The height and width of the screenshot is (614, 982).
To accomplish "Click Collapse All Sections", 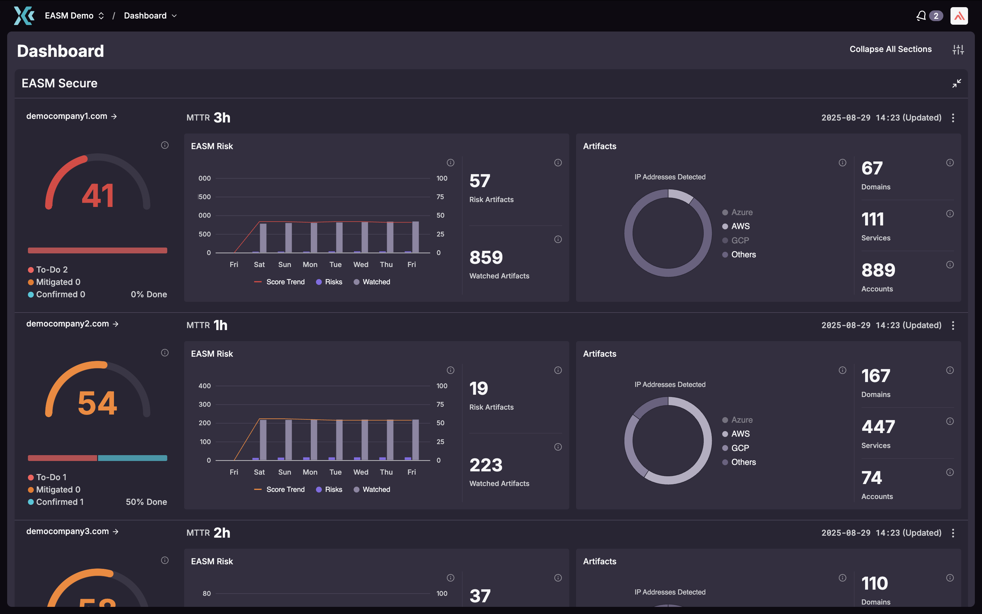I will click(890, 49).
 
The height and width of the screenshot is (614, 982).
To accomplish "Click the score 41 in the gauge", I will click(97, 196).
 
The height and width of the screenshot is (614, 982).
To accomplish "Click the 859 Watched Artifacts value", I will click(486, 257).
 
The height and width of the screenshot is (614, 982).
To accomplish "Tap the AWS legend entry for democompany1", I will click(740, 226).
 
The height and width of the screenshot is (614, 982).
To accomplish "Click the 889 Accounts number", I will click(878, 270).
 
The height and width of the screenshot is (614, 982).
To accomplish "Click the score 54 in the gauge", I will click(97, 403).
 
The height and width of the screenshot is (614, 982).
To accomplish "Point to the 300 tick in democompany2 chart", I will click(205, 404).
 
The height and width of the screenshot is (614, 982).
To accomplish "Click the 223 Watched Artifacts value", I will click(486, 465).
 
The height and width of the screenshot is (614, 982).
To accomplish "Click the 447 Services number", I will click(878, 427).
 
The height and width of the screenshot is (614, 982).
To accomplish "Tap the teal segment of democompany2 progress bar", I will click(132, 458).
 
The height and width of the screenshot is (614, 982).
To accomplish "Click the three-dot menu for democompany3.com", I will click(953, 533).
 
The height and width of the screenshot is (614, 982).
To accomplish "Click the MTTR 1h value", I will click(220, 325).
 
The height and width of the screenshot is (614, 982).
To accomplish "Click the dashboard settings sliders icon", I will click(958, 49).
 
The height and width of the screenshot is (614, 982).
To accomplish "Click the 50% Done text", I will click(146, 502).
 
